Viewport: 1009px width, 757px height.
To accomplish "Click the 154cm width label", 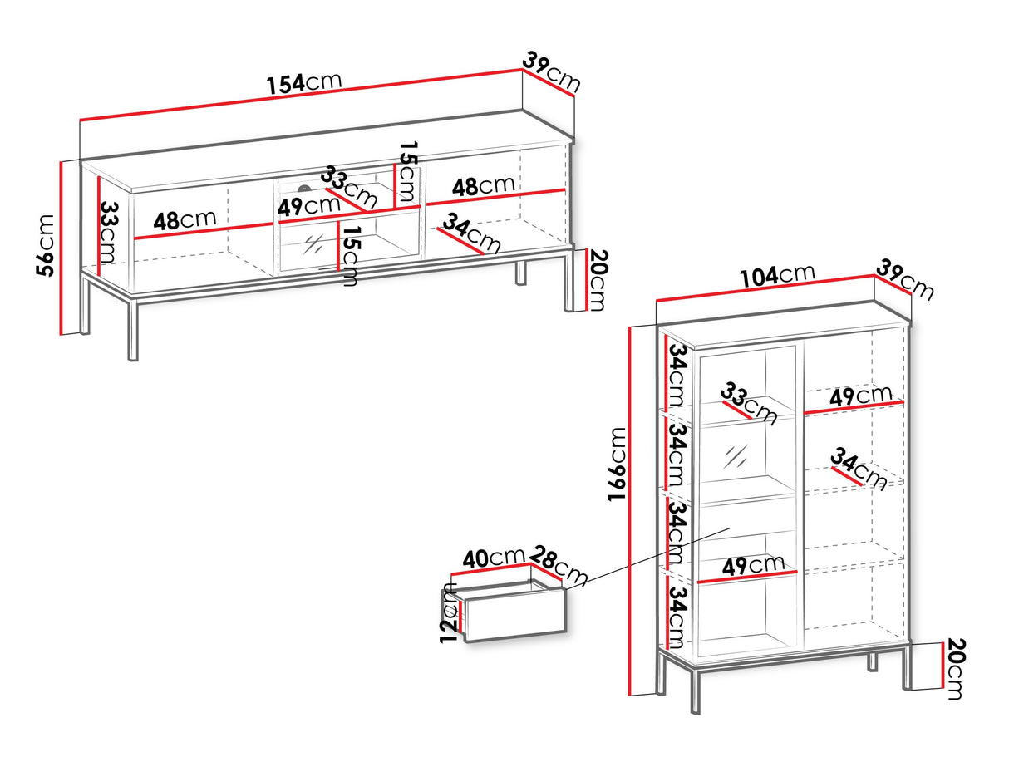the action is (x=304, y=83).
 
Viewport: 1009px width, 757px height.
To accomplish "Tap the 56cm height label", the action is (x=45, y=246).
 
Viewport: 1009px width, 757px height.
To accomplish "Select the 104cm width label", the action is (x=777, y=276).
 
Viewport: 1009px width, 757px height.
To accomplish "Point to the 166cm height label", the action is (x=617, y=465).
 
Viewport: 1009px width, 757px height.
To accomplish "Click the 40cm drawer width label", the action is (x=494, y=558).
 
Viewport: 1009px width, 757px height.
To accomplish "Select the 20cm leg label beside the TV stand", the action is (x=598, y=280).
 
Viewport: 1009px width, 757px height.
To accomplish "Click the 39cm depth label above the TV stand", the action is (x=552, y=71).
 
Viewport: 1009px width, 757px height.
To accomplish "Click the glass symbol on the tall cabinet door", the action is (x=736, y=456).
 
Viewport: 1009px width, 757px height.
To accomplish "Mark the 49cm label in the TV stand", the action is (x=309, y=206).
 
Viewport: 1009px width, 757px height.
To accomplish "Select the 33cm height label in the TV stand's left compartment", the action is (x=109, y=232).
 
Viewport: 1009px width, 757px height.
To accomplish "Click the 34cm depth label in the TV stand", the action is (x=470, y=233).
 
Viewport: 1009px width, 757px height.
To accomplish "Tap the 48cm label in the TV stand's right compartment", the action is (x=483, y=185).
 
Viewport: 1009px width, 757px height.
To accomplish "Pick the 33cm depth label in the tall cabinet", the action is (x=748, y=404).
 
